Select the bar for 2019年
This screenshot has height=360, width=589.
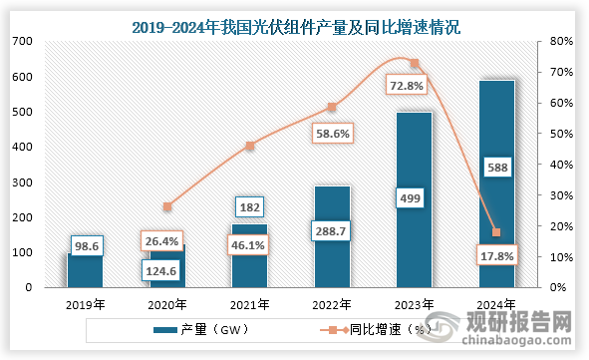click(x=85, y=271)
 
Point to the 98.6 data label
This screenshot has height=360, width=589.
click(x=86, y=245)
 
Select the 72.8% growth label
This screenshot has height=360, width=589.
click(x=414, y=87)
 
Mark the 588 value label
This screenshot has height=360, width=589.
click(x=497, y=168)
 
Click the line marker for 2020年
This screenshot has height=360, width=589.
click(x=167, y=206)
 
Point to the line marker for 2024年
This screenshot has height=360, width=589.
click(x=496, y=232)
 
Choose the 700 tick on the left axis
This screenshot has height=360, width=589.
click(x=21, y=41)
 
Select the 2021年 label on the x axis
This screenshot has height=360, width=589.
click(x=249, y=304)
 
